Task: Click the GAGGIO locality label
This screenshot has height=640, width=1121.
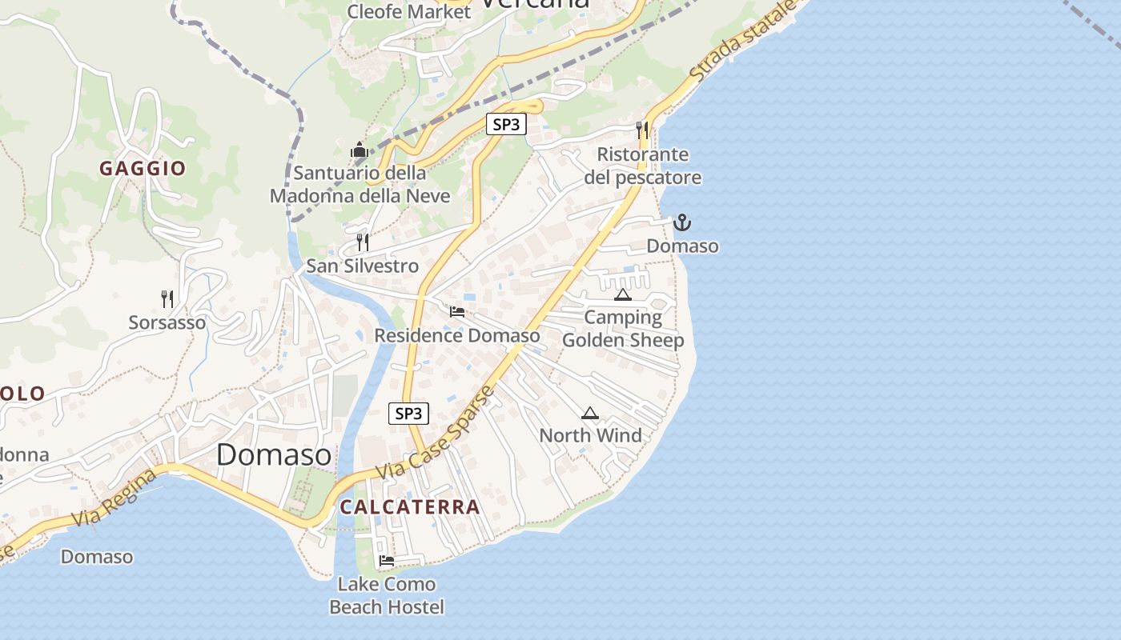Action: [143, 169]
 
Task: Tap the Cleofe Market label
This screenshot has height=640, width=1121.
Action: [408, 12]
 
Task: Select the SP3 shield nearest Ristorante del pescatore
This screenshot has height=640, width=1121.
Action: [506, 125]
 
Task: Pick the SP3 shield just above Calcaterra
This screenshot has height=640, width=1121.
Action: [408, 414]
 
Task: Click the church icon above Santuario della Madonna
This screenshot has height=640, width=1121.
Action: [358, 150]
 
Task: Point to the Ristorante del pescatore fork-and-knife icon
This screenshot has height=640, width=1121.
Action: [641, 130]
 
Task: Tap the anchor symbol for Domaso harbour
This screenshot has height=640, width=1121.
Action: [681, 222]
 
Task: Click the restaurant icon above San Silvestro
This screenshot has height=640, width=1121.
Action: [363, 242]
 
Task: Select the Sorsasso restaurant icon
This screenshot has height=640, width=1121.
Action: [167, 299]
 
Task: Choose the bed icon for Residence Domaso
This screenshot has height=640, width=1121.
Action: [457, 311]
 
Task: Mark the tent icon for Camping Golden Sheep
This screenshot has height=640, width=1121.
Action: [623, 294]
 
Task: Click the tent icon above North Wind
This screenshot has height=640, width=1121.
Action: [590, 413]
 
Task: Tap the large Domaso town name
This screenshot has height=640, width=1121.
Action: [274, 454]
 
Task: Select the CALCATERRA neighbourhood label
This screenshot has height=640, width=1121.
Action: [410, 507]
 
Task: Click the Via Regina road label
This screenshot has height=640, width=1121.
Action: [114, 498]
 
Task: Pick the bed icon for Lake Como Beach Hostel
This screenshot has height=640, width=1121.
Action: [387, 561]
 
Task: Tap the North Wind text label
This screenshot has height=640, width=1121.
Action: [590, 436]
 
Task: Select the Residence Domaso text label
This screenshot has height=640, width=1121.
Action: [457, 335]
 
